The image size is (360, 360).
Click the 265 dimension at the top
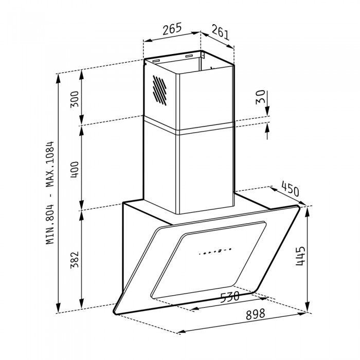(172, 29)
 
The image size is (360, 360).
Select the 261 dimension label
(220, 34)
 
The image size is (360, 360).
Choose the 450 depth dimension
(290, 190)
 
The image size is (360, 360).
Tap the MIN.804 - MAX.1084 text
(50, 193)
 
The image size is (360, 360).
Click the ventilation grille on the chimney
(159, 92)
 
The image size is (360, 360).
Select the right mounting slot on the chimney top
(189, 55)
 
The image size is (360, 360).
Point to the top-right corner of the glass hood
(299, 206)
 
